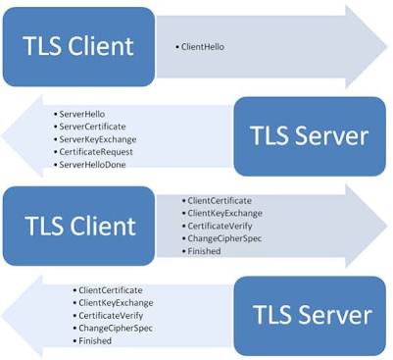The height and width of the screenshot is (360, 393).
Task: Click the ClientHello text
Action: (203, 47)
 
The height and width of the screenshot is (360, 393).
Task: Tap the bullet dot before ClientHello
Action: (177, 47)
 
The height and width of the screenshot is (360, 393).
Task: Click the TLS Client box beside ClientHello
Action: (78, 47)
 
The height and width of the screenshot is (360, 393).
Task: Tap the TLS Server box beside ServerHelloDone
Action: (310, 136)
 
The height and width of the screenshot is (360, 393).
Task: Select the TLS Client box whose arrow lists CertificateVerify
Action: (78, 226)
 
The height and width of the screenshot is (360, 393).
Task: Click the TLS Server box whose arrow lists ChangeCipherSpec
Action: (310, 316)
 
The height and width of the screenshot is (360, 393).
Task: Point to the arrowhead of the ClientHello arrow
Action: (367, 47)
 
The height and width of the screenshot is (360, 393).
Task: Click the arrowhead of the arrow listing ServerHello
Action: (22, 136)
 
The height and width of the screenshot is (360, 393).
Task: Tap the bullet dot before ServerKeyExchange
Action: (56, 139)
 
